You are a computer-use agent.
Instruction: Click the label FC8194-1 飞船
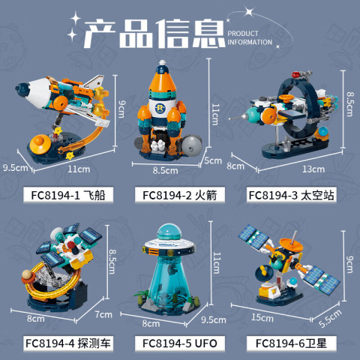click(68, 195)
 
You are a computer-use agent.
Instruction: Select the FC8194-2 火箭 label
click(180, 195)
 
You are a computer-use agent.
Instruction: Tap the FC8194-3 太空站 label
click(291, 195)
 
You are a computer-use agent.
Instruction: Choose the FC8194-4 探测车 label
click(68, 343)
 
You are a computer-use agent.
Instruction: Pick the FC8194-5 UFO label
click(180, 343)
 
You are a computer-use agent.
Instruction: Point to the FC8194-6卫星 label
click(291, 343)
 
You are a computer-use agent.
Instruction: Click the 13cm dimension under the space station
click(313, 169)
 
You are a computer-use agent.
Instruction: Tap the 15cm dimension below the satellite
click(262, 318)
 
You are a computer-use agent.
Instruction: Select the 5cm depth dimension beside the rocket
click(213, 160)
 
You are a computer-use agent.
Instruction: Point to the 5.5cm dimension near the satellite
click(330, 318)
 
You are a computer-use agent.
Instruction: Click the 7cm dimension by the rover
click(103, 314)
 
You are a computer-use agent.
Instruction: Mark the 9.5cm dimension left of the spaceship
click(16, 167)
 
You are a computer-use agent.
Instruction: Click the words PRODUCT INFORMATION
click(250, 37)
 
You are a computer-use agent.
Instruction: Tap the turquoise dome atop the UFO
click(169, 232)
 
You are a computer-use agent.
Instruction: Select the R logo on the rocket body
click(160, 108)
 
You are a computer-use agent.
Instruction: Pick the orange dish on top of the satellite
click(290, 245)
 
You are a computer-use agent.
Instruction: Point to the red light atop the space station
click(295, 74)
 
